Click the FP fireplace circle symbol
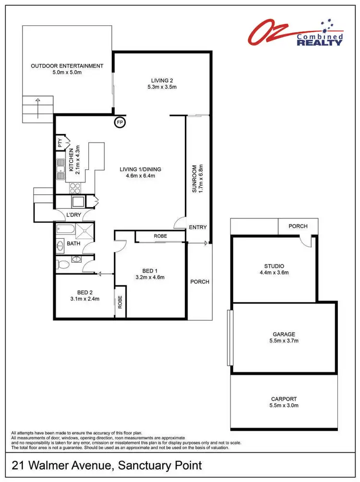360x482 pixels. [120, 123]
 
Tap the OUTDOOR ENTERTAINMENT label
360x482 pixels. [67, 66]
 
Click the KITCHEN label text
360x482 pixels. [70, 160]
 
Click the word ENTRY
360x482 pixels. [197, 227]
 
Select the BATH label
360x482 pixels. [73, 243]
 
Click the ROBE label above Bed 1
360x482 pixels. [160, 236]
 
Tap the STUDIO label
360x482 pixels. [274, 266]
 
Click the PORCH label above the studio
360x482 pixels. [298, 226]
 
